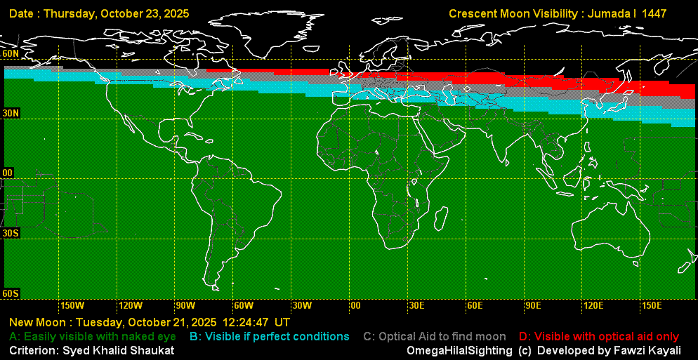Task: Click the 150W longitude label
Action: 72,306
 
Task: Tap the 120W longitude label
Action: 131,306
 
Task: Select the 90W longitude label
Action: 185,306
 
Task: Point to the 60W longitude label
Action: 244,306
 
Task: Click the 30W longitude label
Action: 302,306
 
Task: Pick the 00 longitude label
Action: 355,306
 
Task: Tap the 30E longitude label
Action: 417,306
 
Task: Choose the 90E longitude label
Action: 533,306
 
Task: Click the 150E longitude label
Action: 652,306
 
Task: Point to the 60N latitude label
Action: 11,54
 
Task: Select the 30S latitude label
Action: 11,233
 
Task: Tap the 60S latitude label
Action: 11,293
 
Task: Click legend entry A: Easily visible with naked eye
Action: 92,337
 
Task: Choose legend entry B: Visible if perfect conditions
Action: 270,337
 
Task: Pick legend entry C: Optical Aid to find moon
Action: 435,337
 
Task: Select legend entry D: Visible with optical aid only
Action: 599,337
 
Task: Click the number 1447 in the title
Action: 653,13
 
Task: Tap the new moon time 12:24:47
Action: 246,323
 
